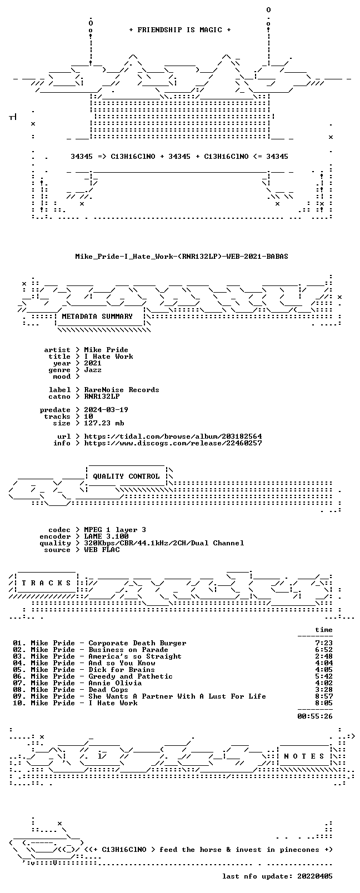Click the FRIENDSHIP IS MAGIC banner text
tap(180, 30)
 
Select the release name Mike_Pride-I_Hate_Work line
tap(182, 257)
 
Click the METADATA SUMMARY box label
tap(97, 317)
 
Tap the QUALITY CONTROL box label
tap(126, 476)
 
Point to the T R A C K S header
tap(46, 583)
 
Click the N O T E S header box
tap(304, 756)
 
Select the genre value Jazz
tap(92, 370)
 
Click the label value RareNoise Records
tap(121, 390)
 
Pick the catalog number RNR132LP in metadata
tap(102, 397)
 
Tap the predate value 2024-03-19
tap(106, 410)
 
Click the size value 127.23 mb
tap(104, 423)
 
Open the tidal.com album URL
tap(173, 437)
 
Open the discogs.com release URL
tap(173, 443)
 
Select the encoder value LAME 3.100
tap(106, 536)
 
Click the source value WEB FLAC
tap(102, 550)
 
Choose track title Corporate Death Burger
tap(137, 643)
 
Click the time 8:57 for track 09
tap(324, 696)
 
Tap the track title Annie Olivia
tap(115, 683)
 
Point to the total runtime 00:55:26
tap(315, 716)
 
